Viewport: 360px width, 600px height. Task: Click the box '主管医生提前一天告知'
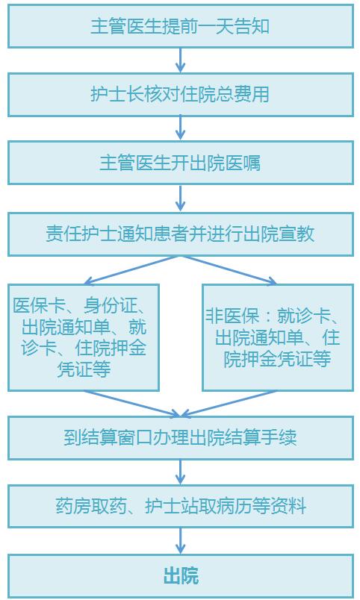coord(181,26)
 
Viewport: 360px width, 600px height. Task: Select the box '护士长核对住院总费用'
coord(181,95)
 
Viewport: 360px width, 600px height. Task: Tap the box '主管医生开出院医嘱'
coord(181,163)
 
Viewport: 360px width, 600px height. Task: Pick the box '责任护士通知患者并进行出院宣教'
coord(181,234)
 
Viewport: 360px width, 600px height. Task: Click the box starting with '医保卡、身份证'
coord(84,337)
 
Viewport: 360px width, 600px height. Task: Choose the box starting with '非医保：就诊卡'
coord(278,337)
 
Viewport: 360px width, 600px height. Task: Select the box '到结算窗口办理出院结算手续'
coord(181,438)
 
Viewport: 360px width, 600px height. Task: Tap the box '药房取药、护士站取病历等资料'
coord(181,506)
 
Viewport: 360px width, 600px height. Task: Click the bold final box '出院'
coord(181,576)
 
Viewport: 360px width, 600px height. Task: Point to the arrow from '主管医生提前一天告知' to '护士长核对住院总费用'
coord(181,60)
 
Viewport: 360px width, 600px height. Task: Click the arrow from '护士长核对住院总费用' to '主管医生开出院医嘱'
coord(181,128)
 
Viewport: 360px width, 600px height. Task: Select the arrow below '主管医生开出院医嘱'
coord(181,199)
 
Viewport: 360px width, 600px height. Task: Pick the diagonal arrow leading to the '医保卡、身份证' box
coord(131,270)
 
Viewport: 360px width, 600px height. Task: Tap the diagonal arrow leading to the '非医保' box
coord(229,270)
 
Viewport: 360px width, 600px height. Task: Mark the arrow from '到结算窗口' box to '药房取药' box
coord(181,472)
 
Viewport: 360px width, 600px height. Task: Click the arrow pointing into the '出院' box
coord(181,541)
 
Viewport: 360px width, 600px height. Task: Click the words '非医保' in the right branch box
coord(232,316)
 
